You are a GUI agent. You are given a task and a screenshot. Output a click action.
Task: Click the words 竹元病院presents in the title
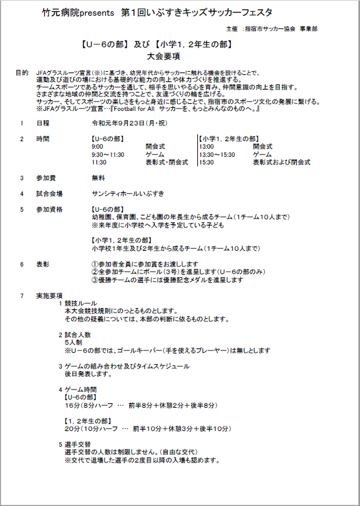point(75,13)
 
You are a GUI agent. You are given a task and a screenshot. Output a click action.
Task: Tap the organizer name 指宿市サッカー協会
point(272,29)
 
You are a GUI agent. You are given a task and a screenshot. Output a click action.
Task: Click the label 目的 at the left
point(21,73)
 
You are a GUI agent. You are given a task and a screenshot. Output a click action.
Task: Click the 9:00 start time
point(98,146)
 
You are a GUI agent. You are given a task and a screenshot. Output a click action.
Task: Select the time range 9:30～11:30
point(108,154)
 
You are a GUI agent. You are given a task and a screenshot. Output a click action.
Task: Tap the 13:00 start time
point(207,146)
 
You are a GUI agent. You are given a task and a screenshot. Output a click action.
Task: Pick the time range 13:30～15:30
point(217,154)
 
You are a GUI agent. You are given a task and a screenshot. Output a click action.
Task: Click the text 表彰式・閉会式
point(166,162)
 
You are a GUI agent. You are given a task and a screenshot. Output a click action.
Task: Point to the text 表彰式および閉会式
point(281,162)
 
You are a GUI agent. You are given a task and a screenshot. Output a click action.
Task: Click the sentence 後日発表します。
point(88,374)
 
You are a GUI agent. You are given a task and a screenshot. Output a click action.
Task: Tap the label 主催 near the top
point(231,29)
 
